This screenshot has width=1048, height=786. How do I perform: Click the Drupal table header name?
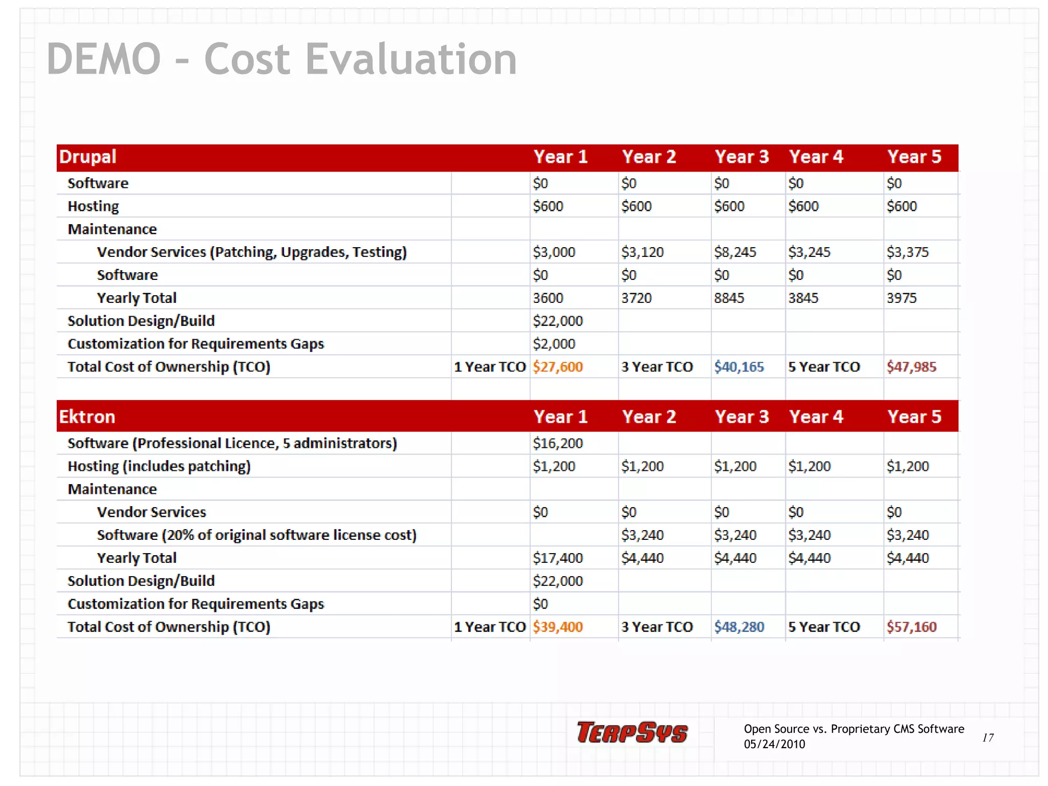pyautogui.click(x=88, y=157)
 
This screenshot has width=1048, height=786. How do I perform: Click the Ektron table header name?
pyautogui.click(x=87, y=417)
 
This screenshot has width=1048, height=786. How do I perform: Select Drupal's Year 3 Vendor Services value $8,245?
pyautogui.click(x=735, y=252)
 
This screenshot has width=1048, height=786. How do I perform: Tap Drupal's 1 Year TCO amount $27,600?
pyautogui.click(x=557, y=367)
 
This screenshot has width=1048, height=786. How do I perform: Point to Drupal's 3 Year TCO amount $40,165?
pyautogui.click(x=738, y=367)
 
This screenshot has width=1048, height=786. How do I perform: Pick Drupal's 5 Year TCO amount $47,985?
pyautogui.click(x=911, y=367)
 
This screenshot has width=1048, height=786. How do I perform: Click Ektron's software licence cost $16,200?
pyautogui.click(x=557, y=443)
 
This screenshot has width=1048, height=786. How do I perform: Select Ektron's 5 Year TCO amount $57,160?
pyautogui.click(x=911, y=627)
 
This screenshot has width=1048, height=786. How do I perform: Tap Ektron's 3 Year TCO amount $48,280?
pyautogui.click(x=738, y=627)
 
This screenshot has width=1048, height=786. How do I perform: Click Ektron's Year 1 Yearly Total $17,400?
pyautogui.click(x=557, y=558)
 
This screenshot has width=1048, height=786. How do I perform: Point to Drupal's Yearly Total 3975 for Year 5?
pyautogui.click(x=901, y=298)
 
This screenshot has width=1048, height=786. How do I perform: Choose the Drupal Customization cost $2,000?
pyautogui.click(x=554, y=344)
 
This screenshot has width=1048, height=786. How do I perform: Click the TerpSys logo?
pyautogui.click(x=632, y=732)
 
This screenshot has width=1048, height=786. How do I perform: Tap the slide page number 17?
pyautogui.click(x=988, y=737)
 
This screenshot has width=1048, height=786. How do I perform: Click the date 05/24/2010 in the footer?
pyautogui.click(x=774, y=744)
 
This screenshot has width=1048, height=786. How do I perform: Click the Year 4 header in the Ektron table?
pyautogui.click(x=816, y=417)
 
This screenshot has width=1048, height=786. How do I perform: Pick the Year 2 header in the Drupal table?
pyautogui.click(x=649, y=157)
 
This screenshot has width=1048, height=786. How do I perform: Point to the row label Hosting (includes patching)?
pyautogui.click(x=159, y=466)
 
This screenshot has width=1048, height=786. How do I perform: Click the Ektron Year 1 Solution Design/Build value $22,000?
pyautogui.click(x=557, y=581)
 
